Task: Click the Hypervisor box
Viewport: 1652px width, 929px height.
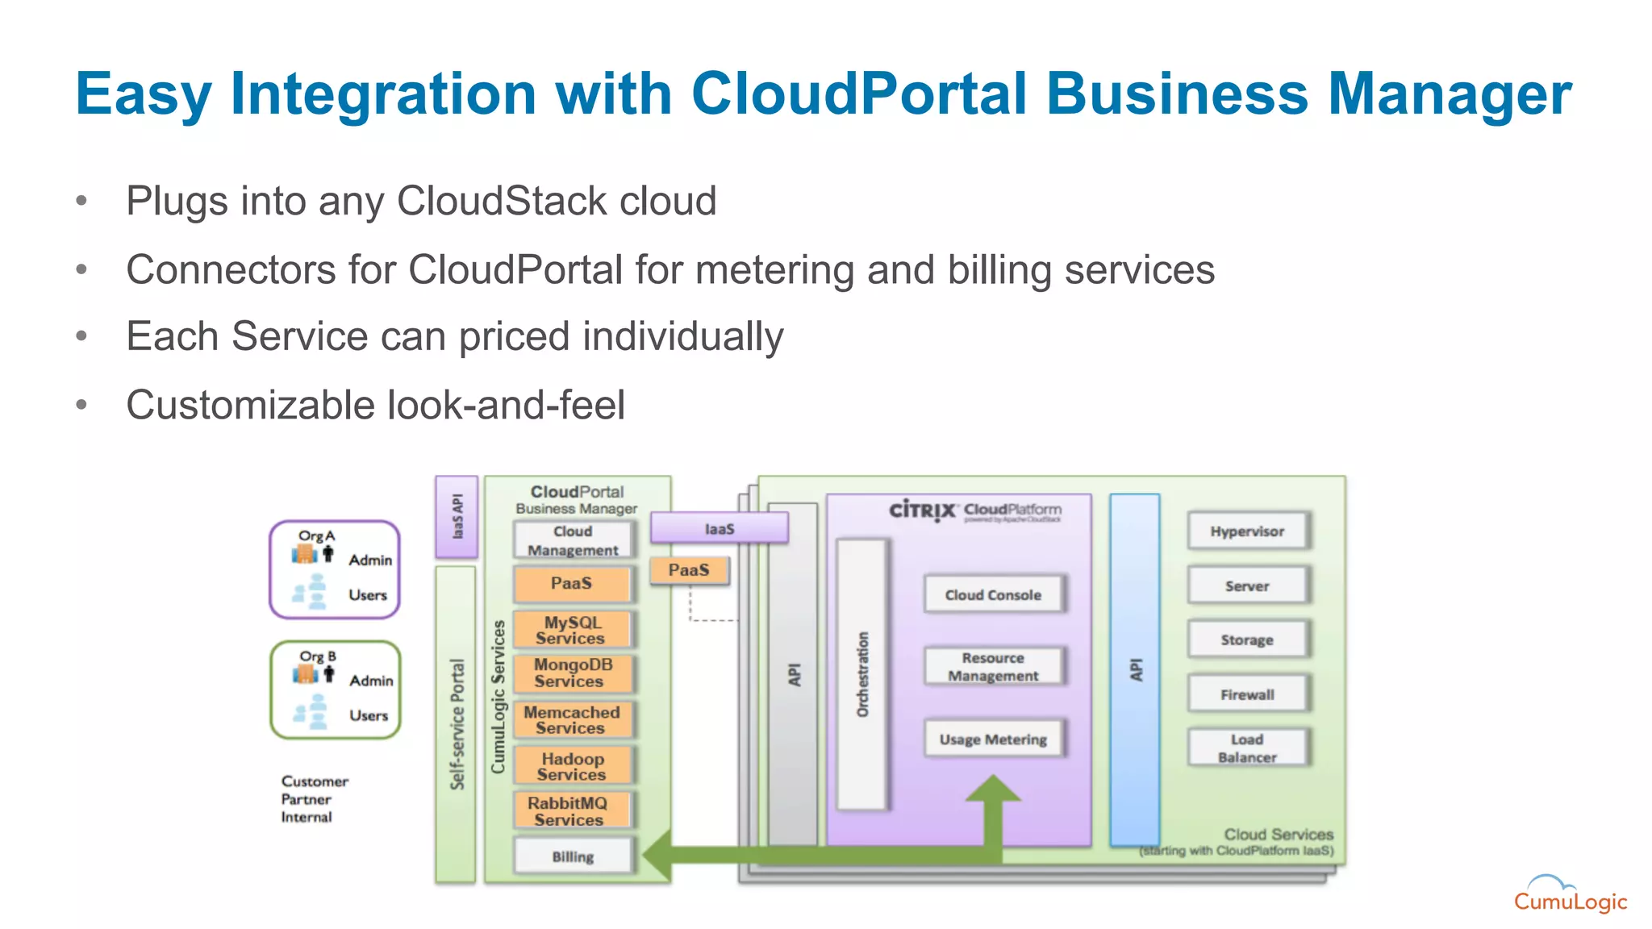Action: [1247, 531]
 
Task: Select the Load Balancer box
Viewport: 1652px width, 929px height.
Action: [1247, 748]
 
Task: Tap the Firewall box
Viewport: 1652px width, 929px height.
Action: [1247, 694]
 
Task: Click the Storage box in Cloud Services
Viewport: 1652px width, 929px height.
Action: [1247, 639]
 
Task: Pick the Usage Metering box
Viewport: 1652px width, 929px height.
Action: [993, 739]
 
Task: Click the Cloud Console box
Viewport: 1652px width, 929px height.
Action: [993, 595]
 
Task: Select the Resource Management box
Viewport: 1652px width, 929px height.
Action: [993, 667]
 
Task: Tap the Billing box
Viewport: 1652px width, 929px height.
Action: [573, 856]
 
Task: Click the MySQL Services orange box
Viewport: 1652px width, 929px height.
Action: [572, 630]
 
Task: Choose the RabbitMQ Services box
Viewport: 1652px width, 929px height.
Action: [569, 810]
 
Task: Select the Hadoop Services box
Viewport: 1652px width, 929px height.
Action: [572, 766]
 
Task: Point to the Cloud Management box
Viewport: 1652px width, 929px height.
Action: [573, 540]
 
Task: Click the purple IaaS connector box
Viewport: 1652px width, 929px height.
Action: [719, 529]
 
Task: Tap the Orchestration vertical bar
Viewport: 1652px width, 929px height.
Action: [862, 674]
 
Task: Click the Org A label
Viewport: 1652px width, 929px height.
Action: [316, 535]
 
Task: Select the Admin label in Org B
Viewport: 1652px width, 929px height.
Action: [371, 681]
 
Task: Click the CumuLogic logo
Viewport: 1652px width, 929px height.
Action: [1570, 895]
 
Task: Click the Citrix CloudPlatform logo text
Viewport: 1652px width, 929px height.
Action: [975, 510]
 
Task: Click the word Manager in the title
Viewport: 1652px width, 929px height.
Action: [1450, 94]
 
